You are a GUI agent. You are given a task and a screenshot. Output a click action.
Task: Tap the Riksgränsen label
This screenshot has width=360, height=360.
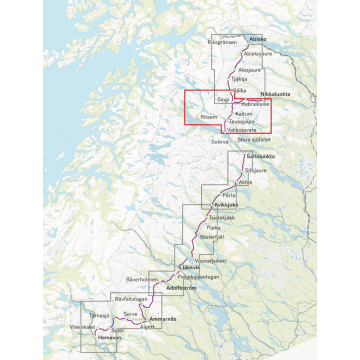point(222,43)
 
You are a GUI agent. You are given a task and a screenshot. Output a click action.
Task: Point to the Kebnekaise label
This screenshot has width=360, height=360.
point(257,104)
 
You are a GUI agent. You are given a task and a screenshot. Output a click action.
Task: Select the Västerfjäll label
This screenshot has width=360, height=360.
point(215,238)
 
